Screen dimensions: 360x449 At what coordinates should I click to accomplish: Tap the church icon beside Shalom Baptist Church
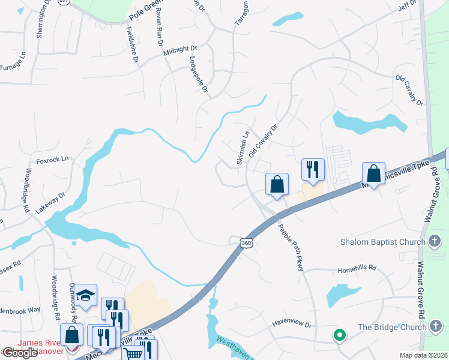coord(435,242)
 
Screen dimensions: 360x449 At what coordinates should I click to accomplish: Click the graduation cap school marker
coord(86,295)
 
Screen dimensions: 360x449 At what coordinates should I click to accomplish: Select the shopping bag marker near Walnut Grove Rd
coord(373,174)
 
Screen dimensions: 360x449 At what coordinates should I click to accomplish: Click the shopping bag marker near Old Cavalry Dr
coord(277,184)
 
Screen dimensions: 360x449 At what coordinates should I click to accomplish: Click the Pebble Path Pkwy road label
coord(291,247)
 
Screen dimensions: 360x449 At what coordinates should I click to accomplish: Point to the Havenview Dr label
coord(292,325)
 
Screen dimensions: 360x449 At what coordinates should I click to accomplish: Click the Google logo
coord(20,353)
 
